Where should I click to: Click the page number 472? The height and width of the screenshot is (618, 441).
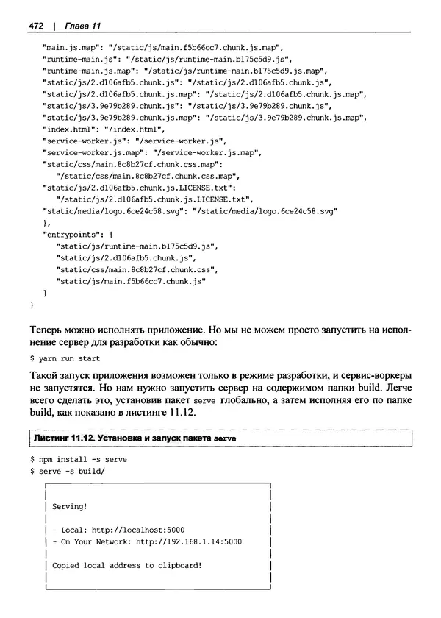37,27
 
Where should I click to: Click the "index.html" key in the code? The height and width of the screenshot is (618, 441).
73,129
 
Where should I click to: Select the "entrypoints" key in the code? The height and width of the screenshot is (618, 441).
77,233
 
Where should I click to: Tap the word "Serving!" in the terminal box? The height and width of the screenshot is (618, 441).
71,507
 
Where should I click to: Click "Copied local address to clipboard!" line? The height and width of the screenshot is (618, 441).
126,565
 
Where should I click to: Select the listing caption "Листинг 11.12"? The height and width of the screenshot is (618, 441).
65,438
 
